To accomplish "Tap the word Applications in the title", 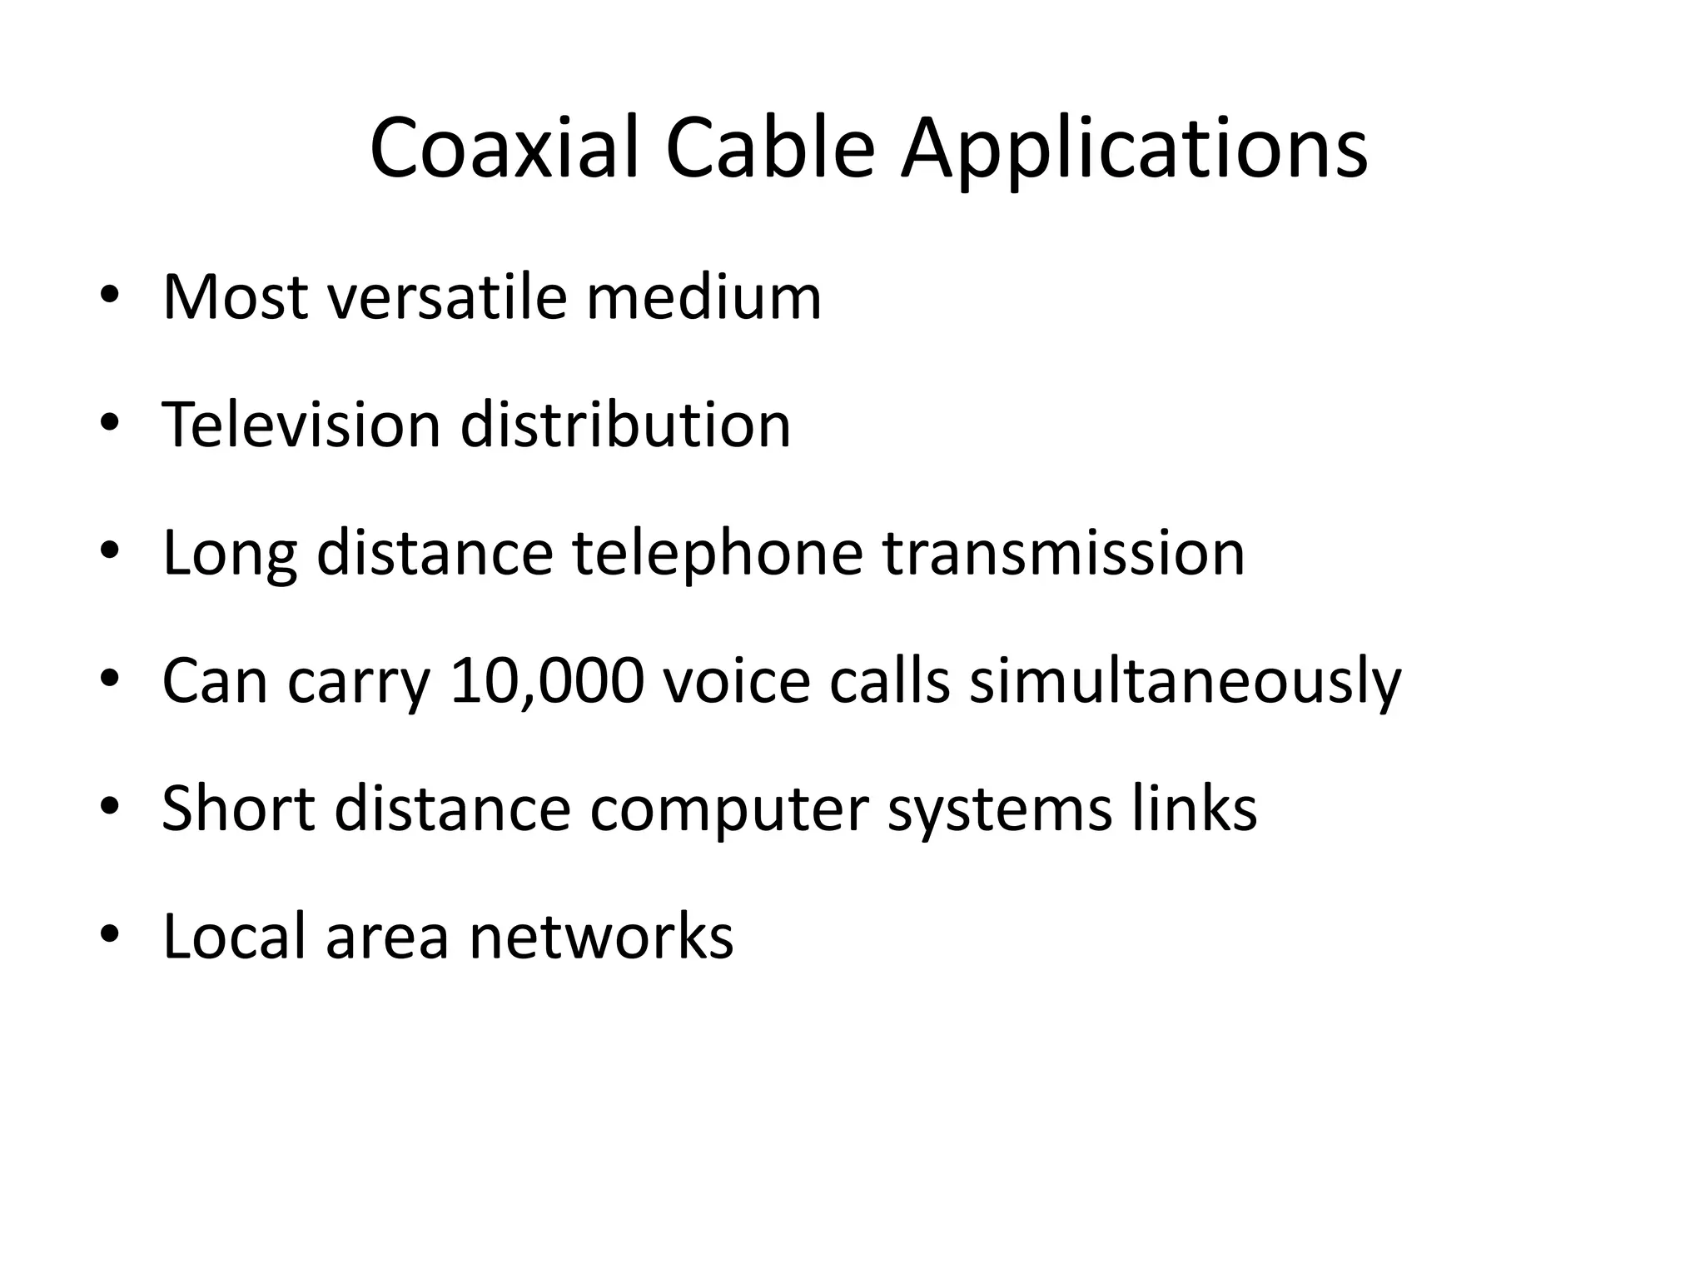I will pyautogui.click(x=1134, y=150).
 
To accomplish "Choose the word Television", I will pyautogui.click(x=301, y=425).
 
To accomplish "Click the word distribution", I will pyautogui.click(x=625, y=425).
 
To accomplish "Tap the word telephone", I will pyautogui.click(x=718, y=553).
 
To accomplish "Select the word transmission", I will pyautogui.click(x=1064, y=553).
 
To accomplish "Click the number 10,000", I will pyautogui.click(x=547, y=681).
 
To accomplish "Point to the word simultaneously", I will pyautogui.click(x=1186, y=681).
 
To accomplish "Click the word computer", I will pyautogui.click(x=728, y=809).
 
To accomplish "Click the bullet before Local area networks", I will pyautogui.click(x=109, y=936).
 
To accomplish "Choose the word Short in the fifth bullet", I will pyautogui.click(x=238, y=809).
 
